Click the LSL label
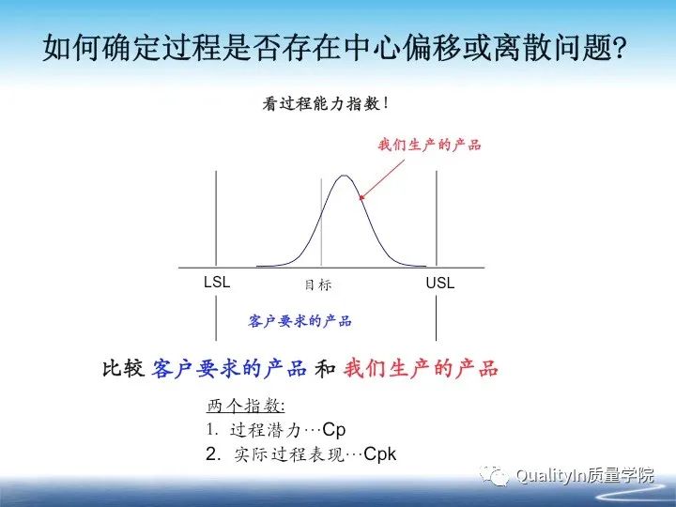[217, 282]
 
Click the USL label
[439, 283]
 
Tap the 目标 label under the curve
[318, 284]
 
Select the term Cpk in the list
[380, 454]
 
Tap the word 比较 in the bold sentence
[123, 369]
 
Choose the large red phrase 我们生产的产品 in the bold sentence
[422, 369]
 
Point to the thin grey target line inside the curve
[321, 225]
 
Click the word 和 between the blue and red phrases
[326, 369]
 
